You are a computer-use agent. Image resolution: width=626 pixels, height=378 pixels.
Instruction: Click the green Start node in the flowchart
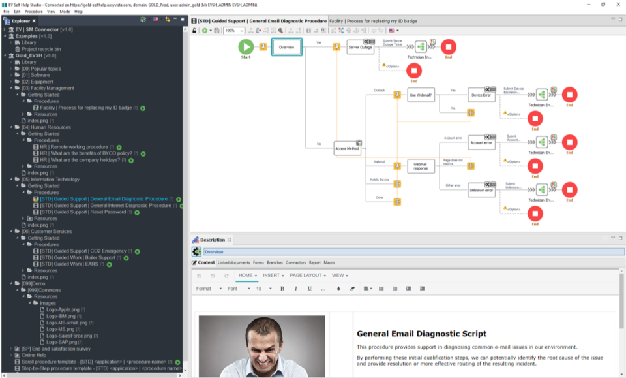[246, 47]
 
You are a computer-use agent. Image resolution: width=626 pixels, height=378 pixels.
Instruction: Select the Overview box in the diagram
[286, 47]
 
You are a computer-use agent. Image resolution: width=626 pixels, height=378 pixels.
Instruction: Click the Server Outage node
[360, 47]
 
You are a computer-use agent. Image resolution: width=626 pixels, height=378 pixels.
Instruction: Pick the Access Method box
[347, 148]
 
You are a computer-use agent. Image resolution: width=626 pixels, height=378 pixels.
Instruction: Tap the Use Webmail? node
[421, 95]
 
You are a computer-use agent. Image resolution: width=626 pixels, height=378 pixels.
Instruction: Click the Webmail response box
[421, 166]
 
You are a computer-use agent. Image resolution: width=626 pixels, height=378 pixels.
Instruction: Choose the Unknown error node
[481, 191]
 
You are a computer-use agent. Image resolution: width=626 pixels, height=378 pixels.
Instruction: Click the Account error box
[481, 142]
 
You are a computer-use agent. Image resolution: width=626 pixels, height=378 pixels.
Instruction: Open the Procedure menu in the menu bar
[33, 12]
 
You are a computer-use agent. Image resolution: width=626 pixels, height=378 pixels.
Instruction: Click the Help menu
[78, 12]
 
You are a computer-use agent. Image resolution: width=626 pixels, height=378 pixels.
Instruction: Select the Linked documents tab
[233, 263]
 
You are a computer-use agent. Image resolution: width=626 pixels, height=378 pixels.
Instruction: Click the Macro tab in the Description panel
[329, 263]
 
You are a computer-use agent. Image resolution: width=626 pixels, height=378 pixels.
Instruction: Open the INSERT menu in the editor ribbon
[273, 276]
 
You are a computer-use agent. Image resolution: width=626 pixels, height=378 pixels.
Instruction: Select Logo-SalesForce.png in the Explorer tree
[68, 336]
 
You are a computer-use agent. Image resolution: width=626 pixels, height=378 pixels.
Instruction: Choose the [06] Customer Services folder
[46, 232]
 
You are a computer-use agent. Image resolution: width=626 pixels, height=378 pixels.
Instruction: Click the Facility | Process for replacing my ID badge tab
[373, 21]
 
